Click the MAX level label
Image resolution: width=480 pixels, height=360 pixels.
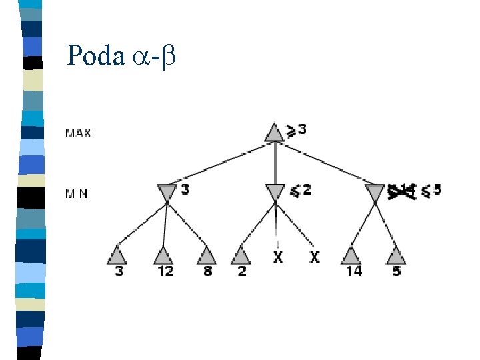pyautogui.click(x=78, y=133)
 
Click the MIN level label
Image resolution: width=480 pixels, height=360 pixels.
pyautogui.click(x=76, y=194)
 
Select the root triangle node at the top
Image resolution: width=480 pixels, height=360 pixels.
pyautogui.click(x=274, y=132)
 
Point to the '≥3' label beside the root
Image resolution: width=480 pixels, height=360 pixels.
pyautogui.click(x=296, y=129)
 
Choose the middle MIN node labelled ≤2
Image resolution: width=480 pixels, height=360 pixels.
pyautogui.click(x=274, y=193)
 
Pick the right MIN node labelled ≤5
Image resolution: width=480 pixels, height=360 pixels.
pyautogui.click(x=376, y=193)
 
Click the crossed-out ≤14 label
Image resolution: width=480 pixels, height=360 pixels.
pyautogui.click(x=402, y=191)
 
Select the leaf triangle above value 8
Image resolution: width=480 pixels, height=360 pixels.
pyautogui.click(x=207, y=255)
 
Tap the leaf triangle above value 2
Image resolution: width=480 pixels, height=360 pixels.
pyautogui.click(x=241, y=255)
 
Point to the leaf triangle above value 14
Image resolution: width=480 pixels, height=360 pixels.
pyautogui.click(x=351, y=255)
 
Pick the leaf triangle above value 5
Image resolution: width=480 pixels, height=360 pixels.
pyautogui.click(x=396, y=255)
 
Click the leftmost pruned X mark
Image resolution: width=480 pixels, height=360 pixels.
pyautogui.click(x=278, y=256)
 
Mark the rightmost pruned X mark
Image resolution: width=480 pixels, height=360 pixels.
pyautogui.click(x=314, y=256)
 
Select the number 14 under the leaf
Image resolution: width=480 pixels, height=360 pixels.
pyautogui.click(x=353, y=271)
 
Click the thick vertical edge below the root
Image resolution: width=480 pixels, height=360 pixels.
pyautogui.click(x=274, y=163)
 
